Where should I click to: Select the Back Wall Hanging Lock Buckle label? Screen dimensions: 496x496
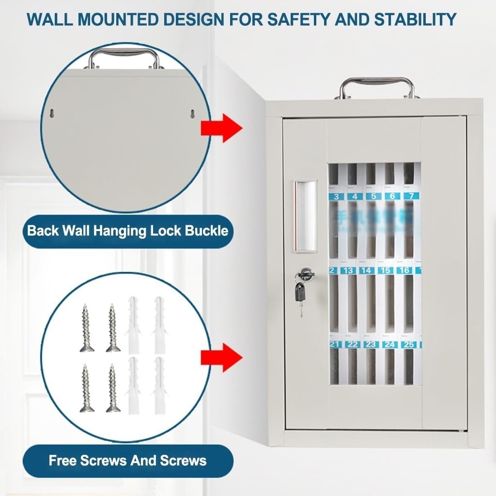point(127,231)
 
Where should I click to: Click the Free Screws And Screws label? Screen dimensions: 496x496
point(127,460)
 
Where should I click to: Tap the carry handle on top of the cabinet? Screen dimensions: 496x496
point(377,87)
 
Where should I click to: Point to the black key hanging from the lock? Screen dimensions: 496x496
point(300,293)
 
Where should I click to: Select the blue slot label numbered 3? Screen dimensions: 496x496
point(336,196)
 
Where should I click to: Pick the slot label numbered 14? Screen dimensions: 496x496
point(367,270)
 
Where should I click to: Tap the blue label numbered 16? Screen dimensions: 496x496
point(404,270)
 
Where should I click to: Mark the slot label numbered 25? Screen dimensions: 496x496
point(409,344)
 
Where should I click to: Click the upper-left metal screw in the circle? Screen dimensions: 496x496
point(87,327)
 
